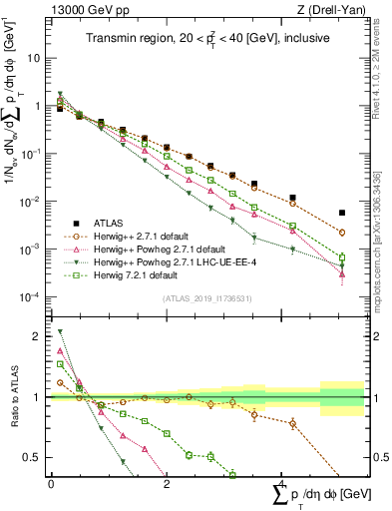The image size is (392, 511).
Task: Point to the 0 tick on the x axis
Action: pos(51,482)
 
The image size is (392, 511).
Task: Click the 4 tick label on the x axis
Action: pos(281,482)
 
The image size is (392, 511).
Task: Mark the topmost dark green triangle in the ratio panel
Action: pos(60,331)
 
